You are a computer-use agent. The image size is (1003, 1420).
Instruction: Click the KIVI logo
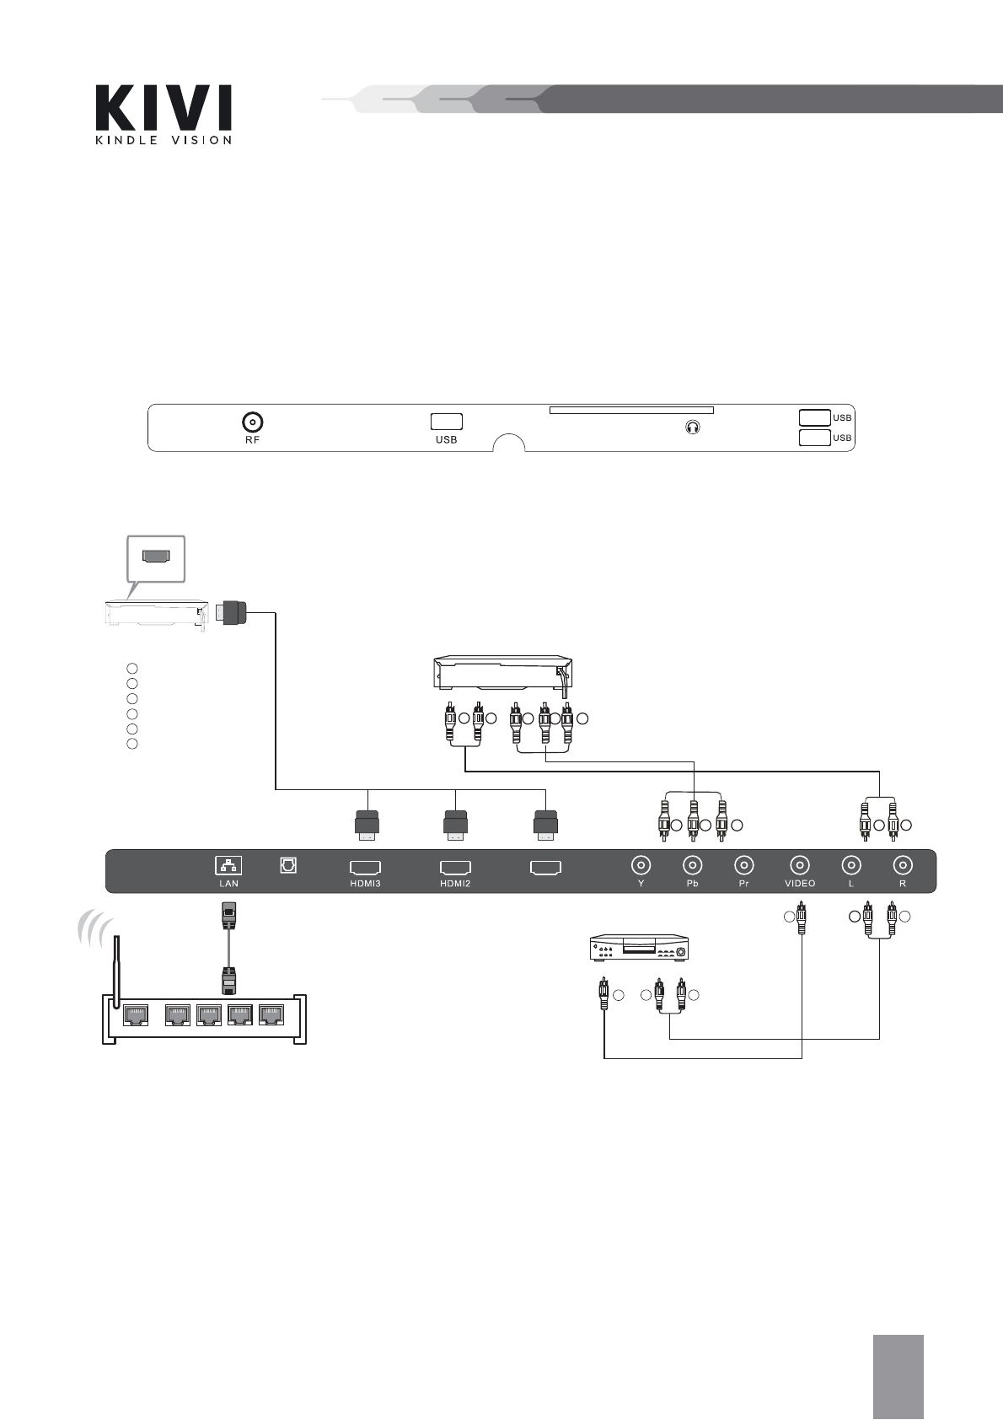164,114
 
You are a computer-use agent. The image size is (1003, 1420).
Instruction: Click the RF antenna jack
253,422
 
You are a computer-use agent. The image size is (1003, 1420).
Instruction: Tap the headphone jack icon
693,428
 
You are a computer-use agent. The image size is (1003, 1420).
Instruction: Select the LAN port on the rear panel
228,864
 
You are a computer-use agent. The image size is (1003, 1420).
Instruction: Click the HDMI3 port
366,867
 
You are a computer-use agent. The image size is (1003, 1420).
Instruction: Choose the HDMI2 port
455,867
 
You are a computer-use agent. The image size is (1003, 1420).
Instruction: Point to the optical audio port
288,864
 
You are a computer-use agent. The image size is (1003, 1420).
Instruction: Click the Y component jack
641,864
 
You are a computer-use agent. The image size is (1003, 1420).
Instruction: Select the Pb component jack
693,864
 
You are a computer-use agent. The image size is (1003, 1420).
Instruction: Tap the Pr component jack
744,864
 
